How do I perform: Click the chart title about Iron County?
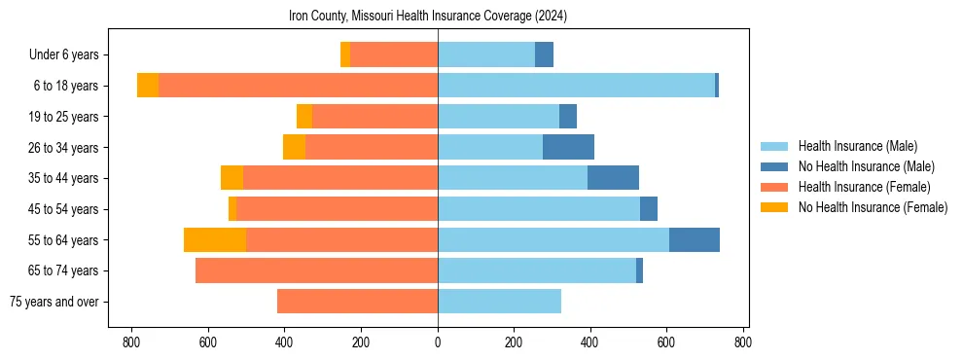(428, 17)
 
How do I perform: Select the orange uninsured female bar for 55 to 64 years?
(215, 239)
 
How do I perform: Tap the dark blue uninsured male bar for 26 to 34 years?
(568, 147)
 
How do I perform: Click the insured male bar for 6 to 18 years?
(576, 86)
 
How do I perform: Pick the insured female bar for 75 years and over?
(357, 302)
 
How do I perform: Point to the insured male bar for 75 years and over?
(499, 302)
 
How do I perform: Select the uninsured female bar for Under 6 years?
(345, 54)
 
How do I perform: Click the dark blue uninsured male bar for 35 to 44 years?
(613, 178)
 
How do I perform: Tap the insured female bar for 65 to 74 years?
(316, 270)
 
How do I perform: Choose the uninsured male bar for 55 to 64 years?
(694, 239)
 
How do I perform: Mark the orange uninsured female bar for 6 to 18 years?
(148, 86)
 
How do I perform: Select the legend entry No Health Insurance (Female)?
(873, 207)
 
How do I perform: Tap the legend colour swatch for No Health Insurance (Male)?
(774, 166)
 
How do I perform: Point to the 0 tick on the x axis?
(438, 342)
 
